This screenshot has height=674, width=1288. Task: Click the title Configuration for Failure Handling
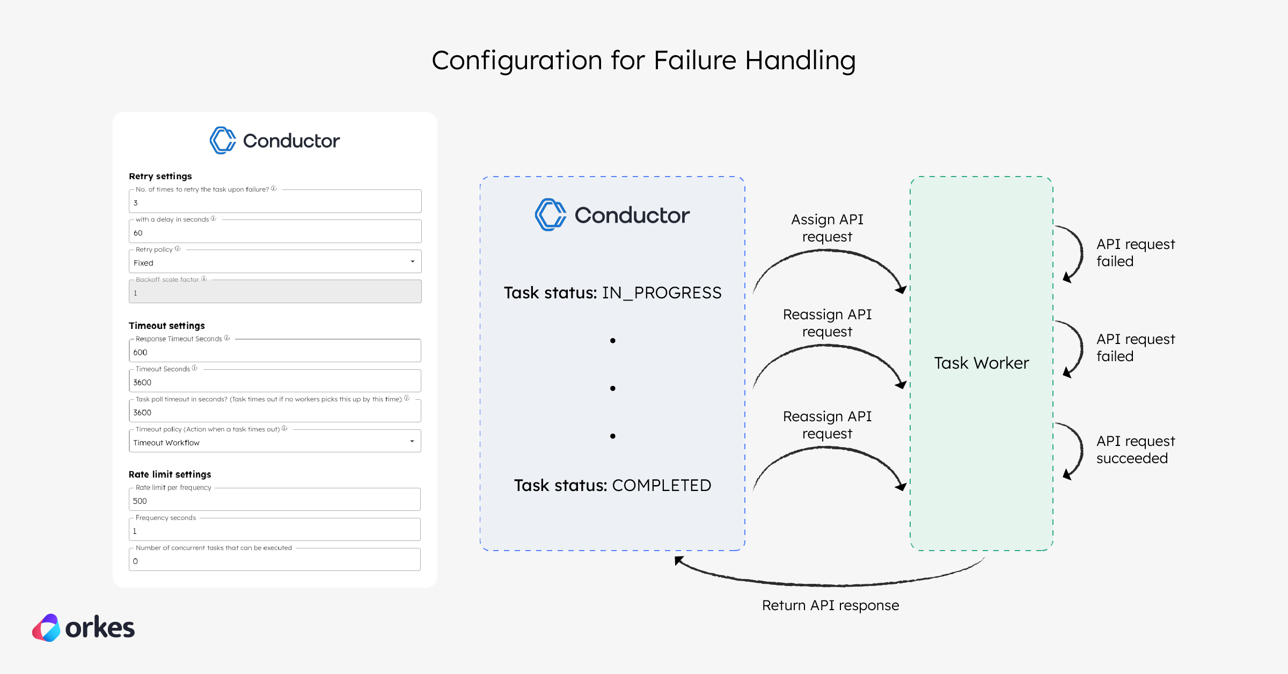(x=643, y=60)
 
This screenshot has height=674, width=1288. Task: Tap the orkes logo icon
(x=47, y=628)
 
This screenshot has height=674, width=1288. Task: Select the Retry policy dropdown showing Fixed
(x=275, y=262)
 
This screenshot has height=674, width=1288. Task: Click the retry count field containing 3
(x=275, y=202)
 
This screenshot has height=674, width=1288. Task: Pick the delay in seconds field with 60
(x=275, y=232)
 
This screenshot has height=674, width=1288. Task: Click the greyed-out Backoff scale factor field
(x=275, y=292)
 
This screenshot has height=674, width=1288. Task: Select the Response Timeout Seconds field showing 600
(x=275, y=352)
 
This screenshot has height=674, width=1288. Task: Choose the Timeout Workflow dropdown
(x=275, y=442)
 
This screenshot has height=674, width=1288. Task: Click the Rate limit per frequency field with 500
(x=275, y=501)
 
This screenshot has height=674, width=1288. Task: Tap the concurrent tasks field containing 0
(x=275, y=561)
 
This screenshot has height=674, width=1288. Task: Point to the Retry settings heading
(x=160, y=176)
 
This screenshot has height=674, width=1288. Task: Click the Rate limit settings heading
(x=170, y=474)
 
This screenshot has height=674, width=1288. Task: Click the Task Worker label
(x=981, y=363)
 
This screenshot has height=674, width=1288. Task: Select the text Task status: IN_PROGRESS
(x=612, y=293)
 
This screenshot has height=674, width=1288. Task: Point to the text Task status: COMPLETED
(x=612, y=486)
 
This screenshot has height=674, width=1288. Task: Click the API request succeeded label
(x=1135, y=450)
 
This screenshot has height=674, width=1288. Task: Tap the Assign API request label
(x=827, y=228)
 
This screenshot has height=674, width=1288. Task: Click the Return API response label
(x=830, y=605)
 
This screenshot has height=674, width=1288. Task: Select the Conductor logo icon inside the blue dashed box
(x=550, y=215)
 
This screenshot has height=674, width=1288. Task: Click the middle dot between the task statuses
(x=612, y=389)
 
